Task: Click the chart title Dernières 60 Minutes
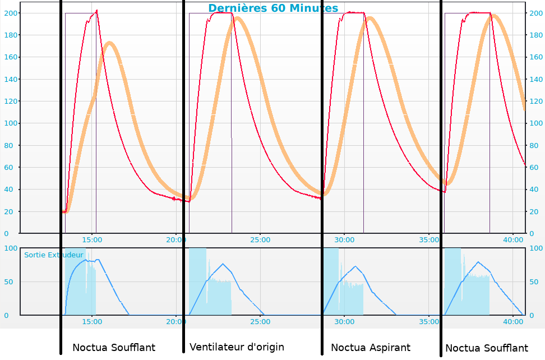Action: click(273, 8)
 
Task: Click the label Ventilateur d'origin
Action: click(237, 347)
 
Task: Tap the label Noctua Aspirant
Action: click(371, 348)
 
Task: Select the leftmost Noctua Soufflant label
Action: click(114, 348)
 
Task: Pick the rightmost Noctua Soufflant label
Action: click(487, 349)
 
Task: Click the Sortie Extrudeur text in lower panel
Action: click(53, 255)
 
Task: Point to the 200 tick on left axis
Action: click(11, 13)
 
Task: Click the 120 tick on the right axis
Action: click(535, 101)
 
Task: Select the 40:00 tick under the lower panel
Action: click(513, 322)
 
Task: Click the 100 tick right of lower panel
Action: click(535, 248)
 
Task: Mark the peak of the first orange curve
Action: click(110, 43)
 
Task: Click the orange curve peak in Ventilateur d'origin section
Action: click(238, 18)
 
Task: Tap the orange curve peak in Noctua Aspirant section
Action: click(370, 18)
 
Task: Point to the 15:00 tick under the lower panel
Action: click(92, 322)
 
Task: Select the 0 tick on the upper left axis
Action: click(6, 234)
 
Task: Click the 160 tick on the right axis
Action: click(535, 57)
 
